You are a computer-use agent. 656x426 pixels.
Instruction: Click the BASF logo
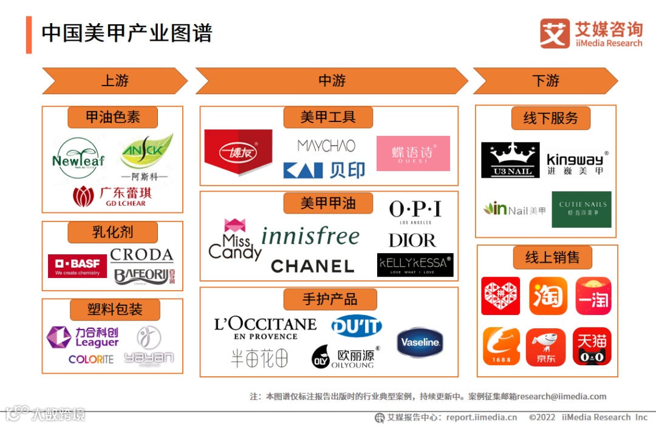[x=77, y=266]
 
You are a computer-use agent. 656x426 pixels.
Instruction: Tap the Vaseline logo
[x=420, y=343]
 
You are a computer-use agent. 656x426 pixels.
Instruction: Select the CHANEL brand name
[x=312, y=266]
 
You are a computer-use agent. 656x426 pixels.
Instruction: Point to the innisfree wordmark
[x=310, y=236]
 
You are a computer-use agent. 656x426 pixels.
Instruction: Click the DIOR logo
[x=412, y=240]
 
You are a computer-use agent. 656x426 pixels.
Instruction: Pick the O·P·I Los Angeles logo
[x=415, y=212]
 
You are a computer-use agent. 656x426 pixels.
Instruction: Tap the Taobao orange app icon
[x=548, y=296]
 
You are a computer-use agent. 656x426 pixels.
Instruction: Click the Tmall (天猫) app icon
[x=592, y=347]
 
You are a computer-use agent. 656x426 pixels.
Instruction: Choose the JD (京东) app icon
[x=545, y=347]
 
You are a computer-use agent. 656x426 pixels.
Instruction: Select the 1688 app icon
[x=501, y=347]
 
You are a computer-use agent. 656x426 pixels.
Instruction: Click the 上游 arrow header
[x=115, y=81]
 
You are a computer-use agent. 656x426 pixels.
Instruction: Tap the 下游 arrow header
[x=545, y=81]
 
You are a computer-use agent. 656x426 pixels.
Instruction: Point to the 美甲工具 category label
[x=328, y=117]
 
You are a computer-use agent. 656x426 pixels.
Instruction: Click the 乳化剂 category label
[x=112, y=232]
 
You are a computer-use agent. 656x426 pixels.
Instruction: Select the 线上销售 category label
[x=552, y=257]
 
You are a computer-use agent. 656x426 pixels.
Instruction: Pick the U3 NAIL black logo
[x=510, y=160]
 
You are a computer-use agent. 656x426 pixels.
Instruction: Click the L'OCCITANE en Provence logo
[x=265, y=328]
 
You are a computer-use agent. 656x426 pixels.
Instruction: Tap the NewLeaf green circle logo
[x=78, y=158]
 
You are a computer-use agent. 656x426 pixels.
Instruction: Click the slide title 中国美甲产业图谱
[x=127, y=33]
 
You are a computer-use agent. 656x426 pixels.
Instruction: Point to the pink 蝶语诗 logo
[x=413, y=153]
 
